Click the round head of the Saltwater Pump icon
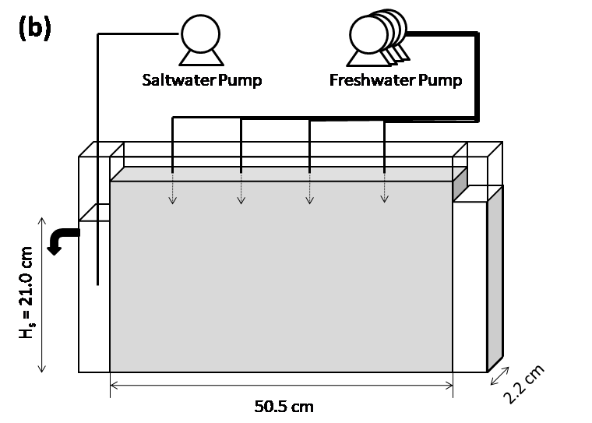(200, 34)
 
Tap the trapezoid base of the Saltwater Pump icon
(201, 57)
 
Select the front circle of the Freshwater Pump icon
(368, 35)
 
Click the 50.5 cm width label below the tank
(285, 406)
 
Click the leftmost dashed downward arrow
(172, 187)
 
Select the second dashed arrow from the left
(241, 187)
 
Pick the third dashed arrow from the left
(309, 187)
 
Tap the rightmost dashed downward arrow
(384, 186)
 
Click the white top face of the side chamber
(477, 194)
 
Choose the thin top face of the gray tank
(288, 174)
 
